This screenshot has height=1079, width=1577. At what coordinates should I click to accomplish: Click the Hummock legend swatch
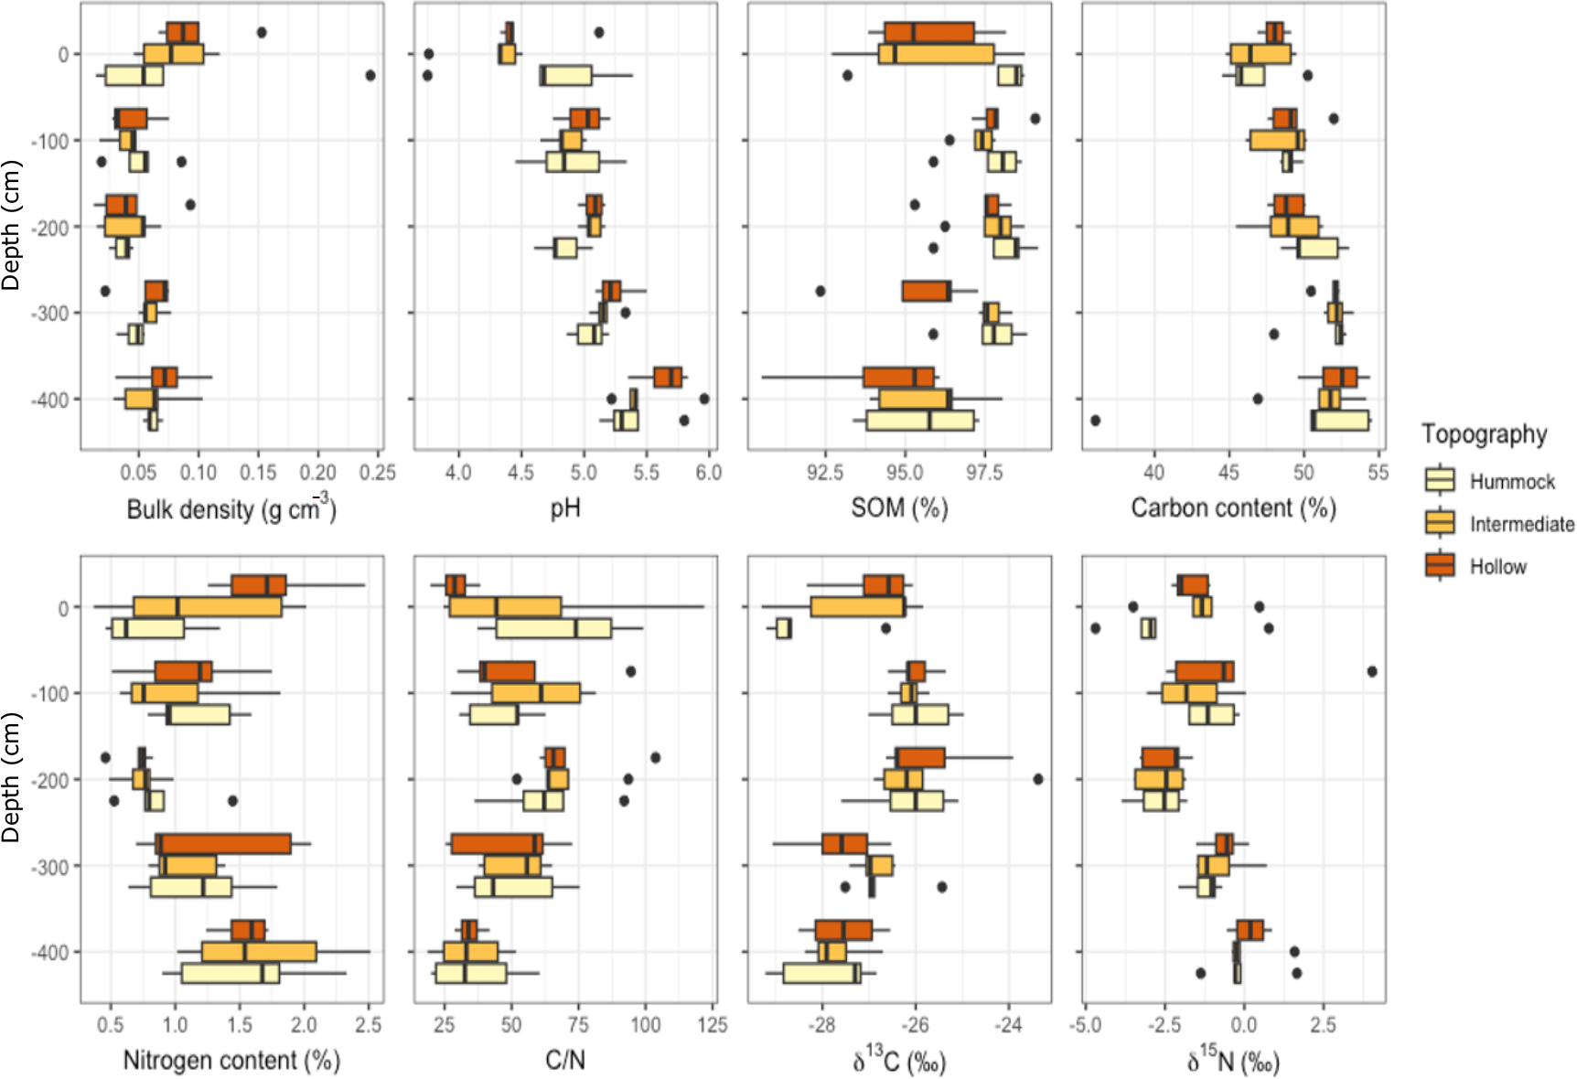[1440, 481]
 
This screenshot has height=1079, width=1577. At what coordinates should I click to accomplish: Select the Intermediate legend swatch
[1440, 523]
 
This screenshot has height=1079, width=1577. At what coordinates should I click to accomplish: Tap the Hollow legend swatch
[1440, 566]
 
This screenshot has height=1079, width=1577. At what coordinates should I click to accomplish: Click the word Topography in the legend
[1484, 434]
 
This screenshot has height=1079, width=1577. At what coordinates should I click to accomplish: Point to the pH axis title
[564, 508]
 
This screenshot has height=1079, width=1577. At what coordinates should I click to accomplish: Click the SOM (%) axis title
[898, 508]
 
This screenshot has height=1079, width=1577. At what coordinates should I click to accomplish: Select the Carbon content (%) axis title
[1233, 508]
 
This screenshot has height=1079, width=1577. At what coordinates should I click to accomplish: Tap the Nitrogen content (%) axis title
[231, 1061]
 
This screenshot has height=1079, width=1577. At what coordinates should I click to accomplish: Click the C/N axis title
[564, 1061]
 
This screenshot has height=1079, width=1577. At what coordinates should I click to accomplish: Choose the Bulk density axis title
[231, 508]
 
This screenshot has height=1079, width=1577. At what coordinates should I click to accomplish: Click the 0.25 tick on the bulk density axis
[377, 473]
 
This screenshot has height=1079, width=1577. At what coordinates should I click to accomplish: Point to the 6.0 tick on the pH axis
[708, 473]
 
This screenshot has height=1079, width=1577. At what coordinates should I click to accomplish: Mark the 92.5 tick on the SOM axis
[824, 473]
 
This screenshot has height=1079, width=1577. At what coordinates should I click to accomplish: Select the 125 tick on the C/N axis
[713, 1025]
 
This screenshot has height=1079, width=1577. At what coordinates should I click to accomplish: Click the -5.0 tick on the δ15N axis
[1085, 1025]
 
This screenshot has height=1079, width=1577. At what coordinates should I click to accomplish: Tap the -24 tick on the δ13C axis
[1008, 1025]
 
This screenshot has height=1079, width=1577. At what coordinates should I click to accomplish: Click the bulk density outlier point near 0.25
[370, 75]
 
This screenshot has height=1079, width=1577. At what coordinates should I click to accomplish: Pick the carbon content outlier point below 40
[1095, 421]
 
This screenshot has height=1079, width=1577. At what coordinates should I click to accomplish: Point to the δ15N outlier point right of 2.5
[1372, 671]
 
